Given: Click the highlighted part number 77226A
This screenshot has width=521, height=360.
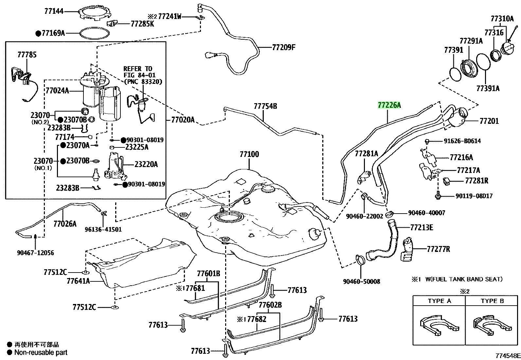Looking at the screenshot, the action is [x=389, y=105].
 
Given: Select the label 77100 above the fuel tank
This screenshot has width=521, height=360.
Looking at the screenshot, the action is [x=249, y=154].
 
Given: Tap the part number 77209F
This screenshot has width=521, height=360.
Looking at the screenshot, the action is [x=283, y=47].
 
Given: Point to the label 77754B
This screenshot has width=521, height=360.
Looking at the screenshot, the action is [x=265, y=106].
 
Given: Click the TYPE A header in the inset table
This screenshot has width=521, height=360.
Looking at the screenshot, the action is [x=440, y=301].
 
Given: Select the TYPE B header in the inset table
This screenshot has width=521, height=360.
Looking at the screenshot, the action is [x=492, y=301].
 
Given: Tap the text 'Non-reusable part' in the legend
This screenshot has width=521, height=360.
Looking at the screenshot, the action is [x=41, y=352].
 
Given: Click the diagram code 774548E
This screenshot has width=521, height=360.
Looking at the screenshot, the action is [x=508, y=356].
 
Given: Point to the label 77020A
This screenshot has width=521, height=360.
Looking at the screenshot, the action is [x=183, y=120].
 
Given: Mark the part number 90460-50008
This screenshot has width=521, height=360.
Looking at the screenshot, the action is [x=361, y=281].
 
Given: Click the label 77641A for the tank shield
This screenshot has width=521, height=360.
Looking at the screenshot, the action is [x=78, y=281].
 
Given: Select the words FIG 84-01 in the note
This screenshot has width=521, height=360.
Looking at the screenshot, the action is [x=139, y=75].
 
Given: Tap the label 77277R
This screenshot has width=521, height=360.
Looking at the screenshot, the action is [x=439, y=249].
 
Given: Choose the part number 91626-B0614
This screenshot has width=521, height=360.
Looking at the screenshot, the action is [x=462, y=141].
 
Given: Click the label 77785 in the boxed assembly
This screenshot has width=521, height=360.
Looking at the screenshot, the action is [x=27, y=55].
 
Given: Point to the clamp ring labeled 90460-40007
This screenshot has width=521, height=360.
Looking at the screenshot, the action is [x=389, y=214].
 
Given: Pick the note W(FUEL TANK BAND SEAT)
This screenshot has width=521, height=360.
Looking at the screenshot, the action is [x=464, y=279].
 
